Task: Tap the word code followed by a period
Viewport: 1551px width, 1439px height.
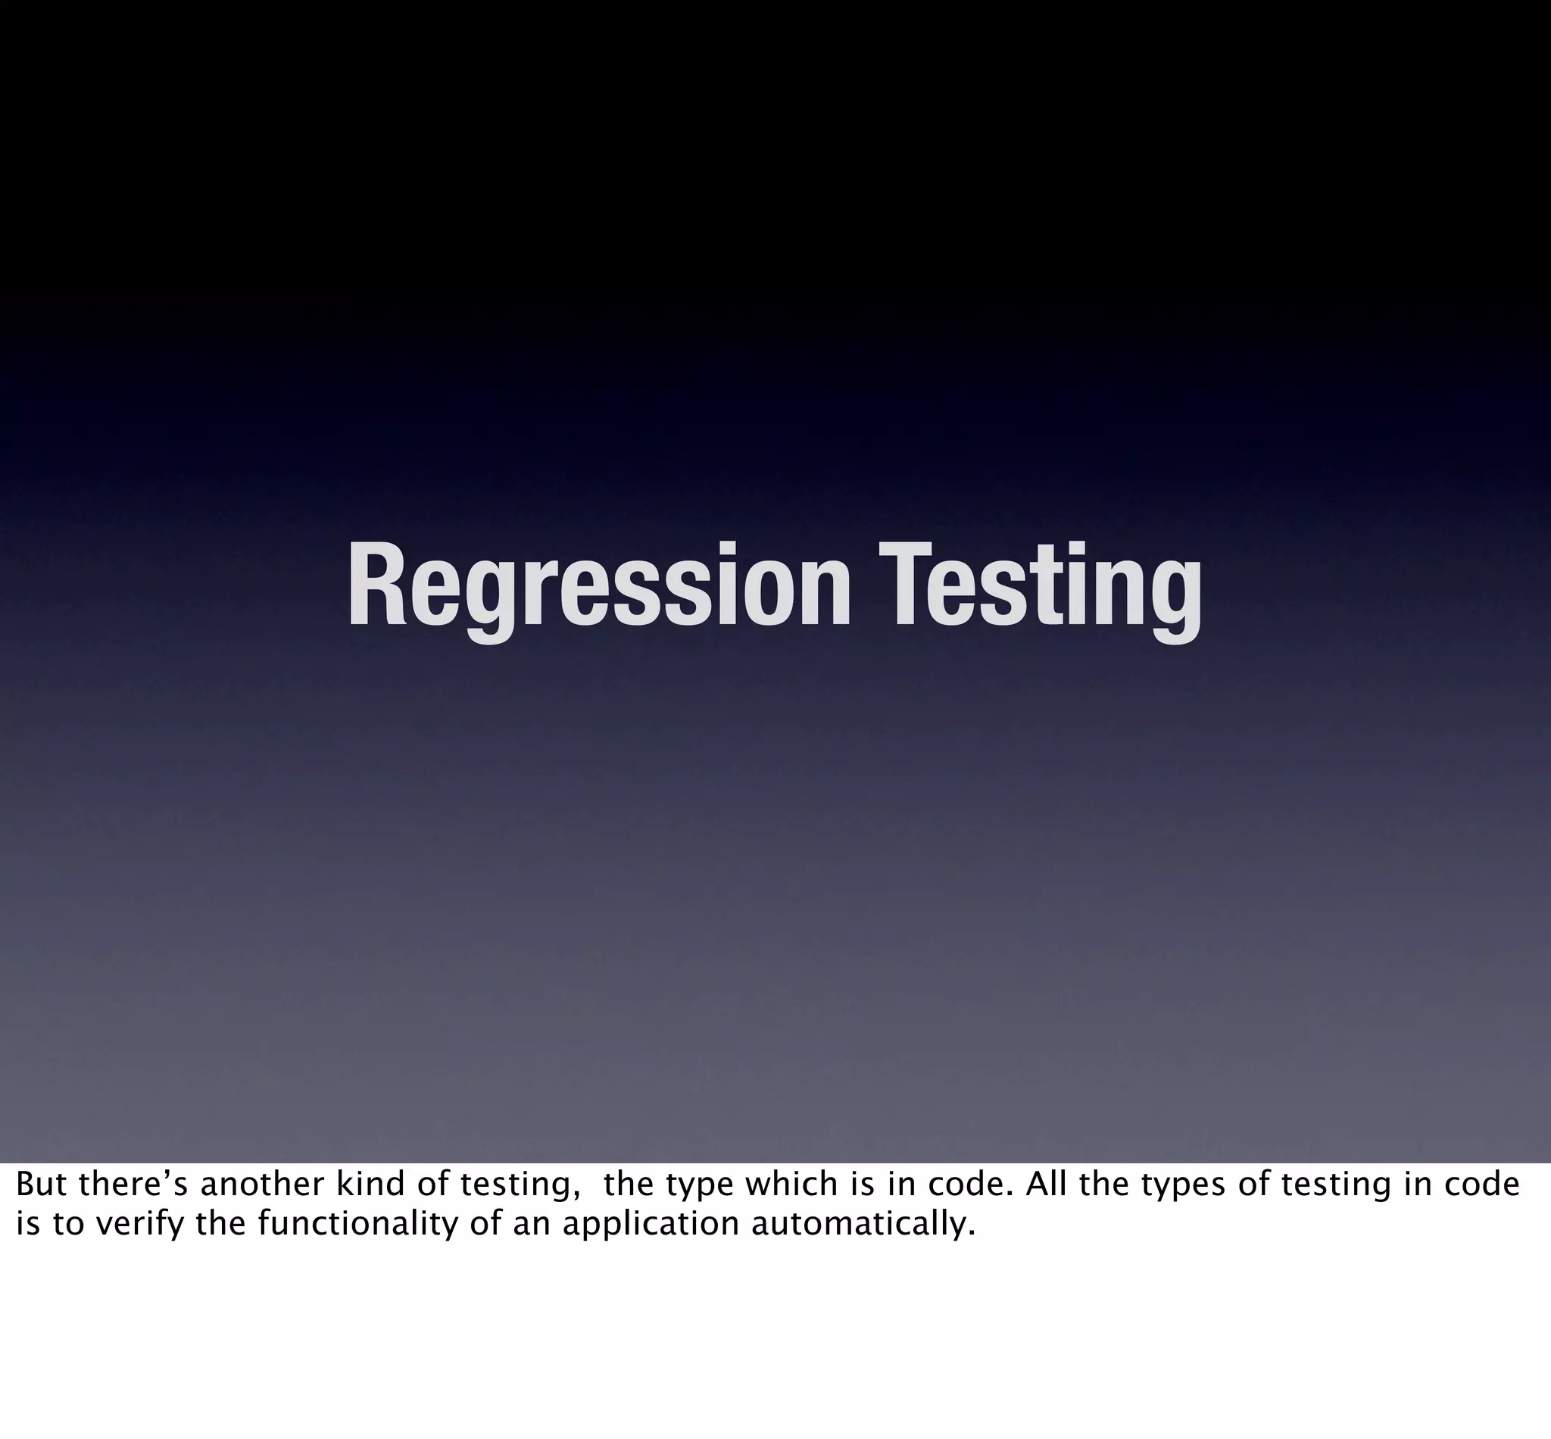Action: [x=964, y=1185]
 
